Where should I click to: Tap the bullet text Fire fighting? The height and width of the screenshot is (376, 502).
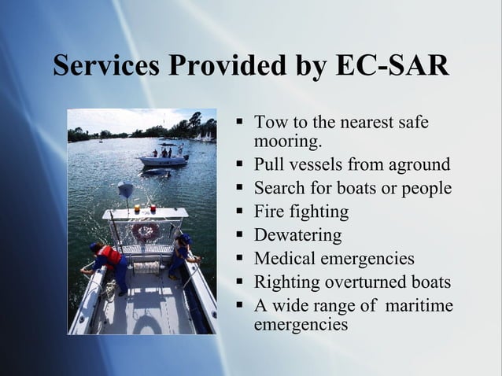tap(301, 212)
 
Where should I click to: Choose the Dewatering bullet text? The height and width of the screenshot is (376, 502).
tap(297, 235)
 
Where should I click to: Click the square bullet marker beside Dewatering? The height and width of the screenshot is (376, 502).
tap(242, 235)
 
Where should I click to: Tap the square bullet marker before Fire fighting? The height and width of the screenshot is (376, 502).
tap(242, 212)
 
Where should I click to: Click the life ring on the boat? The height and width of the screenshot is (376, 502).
tap(146, 230)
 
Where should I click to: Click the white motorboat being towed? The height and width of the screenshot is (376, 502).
tap(164, 159)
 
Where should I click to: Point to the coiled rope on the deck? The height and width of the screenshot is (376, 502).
tap(146, 267)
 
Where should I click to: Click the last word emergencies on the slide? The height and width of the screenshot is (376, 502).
tap(301, 323)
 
